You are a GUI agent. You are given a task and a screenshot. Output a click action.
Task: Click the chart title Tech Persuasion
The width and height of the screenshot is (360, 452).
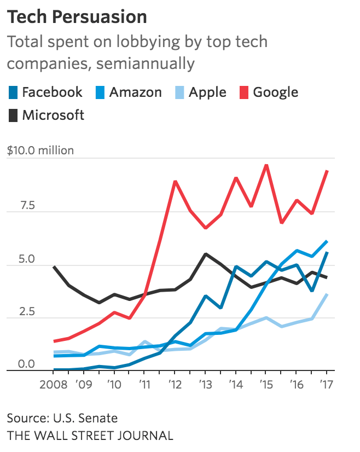pos(77,17)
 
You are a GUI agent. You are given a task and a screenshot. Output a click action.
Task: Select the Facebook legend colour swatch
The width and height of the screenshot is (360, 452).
pos(13,92)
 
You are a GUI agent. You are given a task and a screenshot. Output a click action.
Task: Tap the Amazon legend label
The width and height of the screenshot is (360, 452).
pos(135,92)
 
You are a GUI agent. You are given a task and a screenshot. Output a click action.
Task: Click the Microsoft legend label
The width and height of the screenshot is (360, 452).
pos(53,115)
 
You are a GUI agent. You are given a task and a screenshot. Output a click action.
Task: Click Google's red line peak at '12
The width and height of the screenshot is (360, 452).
pos(175,181)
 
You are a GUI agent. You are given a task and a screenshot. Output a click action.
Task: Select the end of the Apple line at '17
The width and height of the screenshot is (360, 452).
pos(327,294)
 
